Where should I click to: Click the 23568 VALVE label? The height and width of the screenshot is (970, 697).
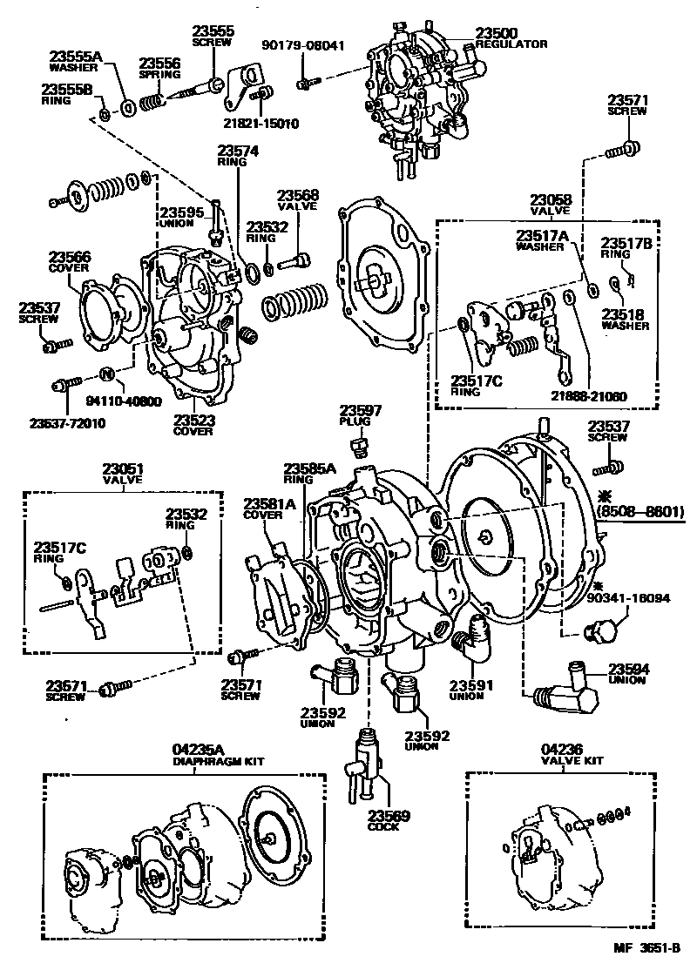(x=298, y=201)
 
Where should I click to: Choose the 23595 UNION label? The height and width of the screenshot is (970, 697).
(x=180, y=217)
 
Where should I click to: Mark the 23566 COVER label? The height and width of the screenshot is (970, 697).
(x=69, y=262)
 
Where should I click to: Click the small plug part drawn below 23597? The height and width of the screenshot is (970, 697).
(x=356, y=448)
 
